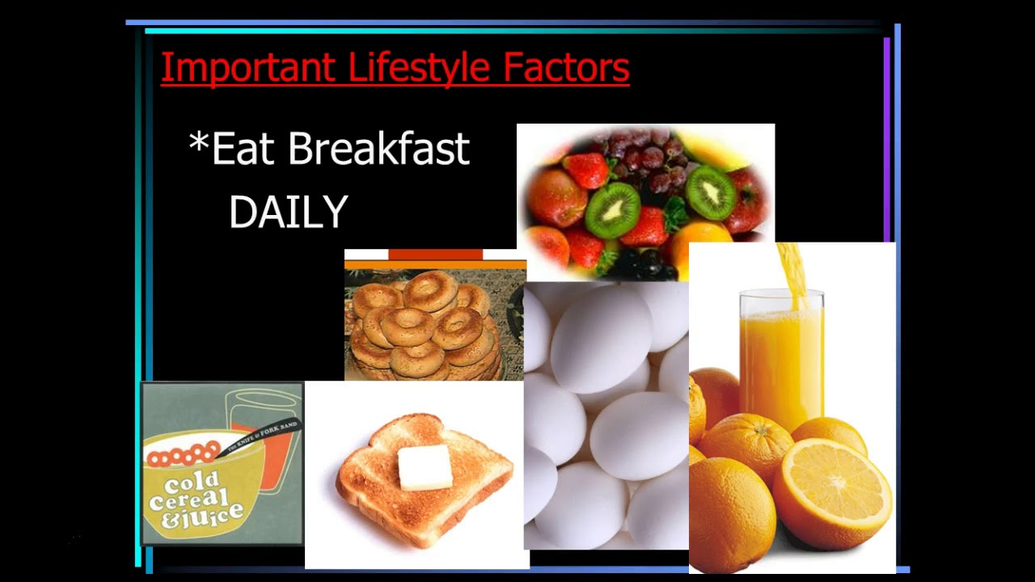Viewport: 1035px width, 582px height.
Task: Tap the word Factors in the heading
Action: (x=566, y=68)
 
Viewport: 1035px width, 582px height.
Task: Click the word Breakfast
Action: (x=378, y=150)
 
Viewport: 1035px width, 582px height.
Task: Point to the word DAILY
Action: (x=289, y=213)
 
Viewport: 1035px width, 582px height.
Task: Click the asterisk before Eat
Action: (x=198, y=144)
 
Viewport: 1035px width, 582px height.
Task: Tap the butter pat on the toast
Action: (x=425, y=466)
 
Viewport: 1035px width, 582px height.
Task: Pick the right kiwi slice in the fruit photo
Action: (x=711, y=192)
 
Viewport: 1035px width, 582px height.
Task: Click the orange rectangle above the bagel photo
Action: (x=435, y=255)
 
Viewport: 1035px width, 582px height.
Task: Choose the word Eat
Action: (x=243, y=150)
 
